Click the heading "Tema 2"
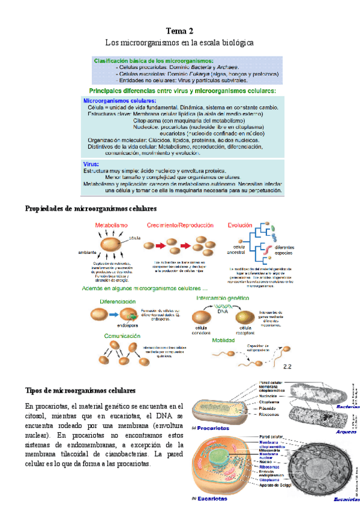179,31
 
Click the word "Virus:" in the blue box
91,163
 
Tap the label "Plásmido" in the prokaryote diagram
269,408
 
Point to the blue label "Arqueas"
347,431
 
